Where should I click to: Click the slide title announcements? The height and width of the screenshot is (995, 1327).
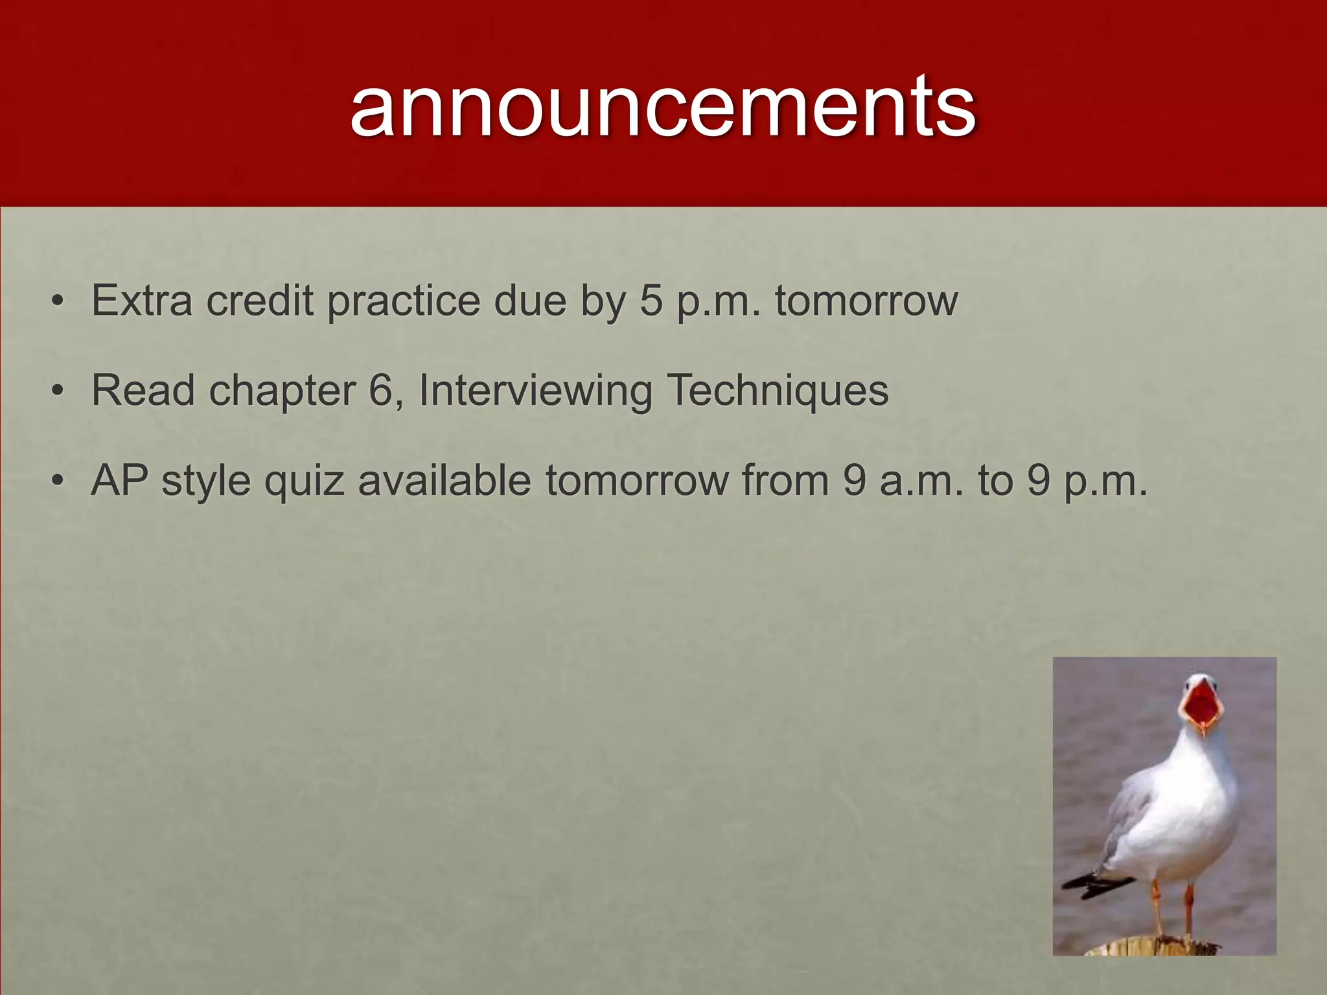click(663, 106)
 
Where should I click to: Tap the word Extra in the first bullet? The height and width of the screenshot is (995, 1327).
click(142, 301)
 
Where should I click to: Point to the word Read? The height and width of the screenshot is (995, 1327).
click(143, 391)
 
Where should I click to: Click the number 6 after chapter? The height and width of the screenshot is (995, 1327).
click(382, 391)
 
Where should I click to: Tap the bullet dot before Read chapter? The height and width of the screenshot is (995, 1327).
click(58, 392)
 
